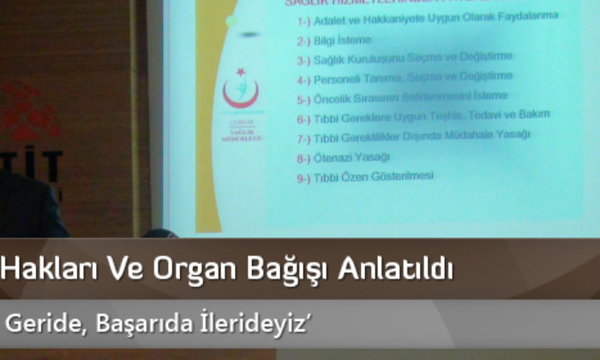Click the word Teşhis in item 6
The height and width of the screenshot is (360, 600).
pos(456,114)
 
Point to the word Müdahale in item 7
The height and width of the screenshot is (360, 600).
pos(477,135)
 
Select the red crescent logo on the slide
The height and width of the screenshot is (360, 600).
pos(237,92)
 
